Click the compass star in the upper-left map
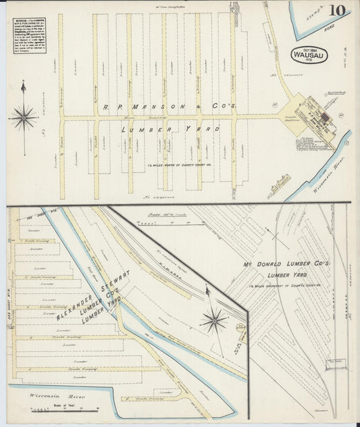point(24,118)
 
